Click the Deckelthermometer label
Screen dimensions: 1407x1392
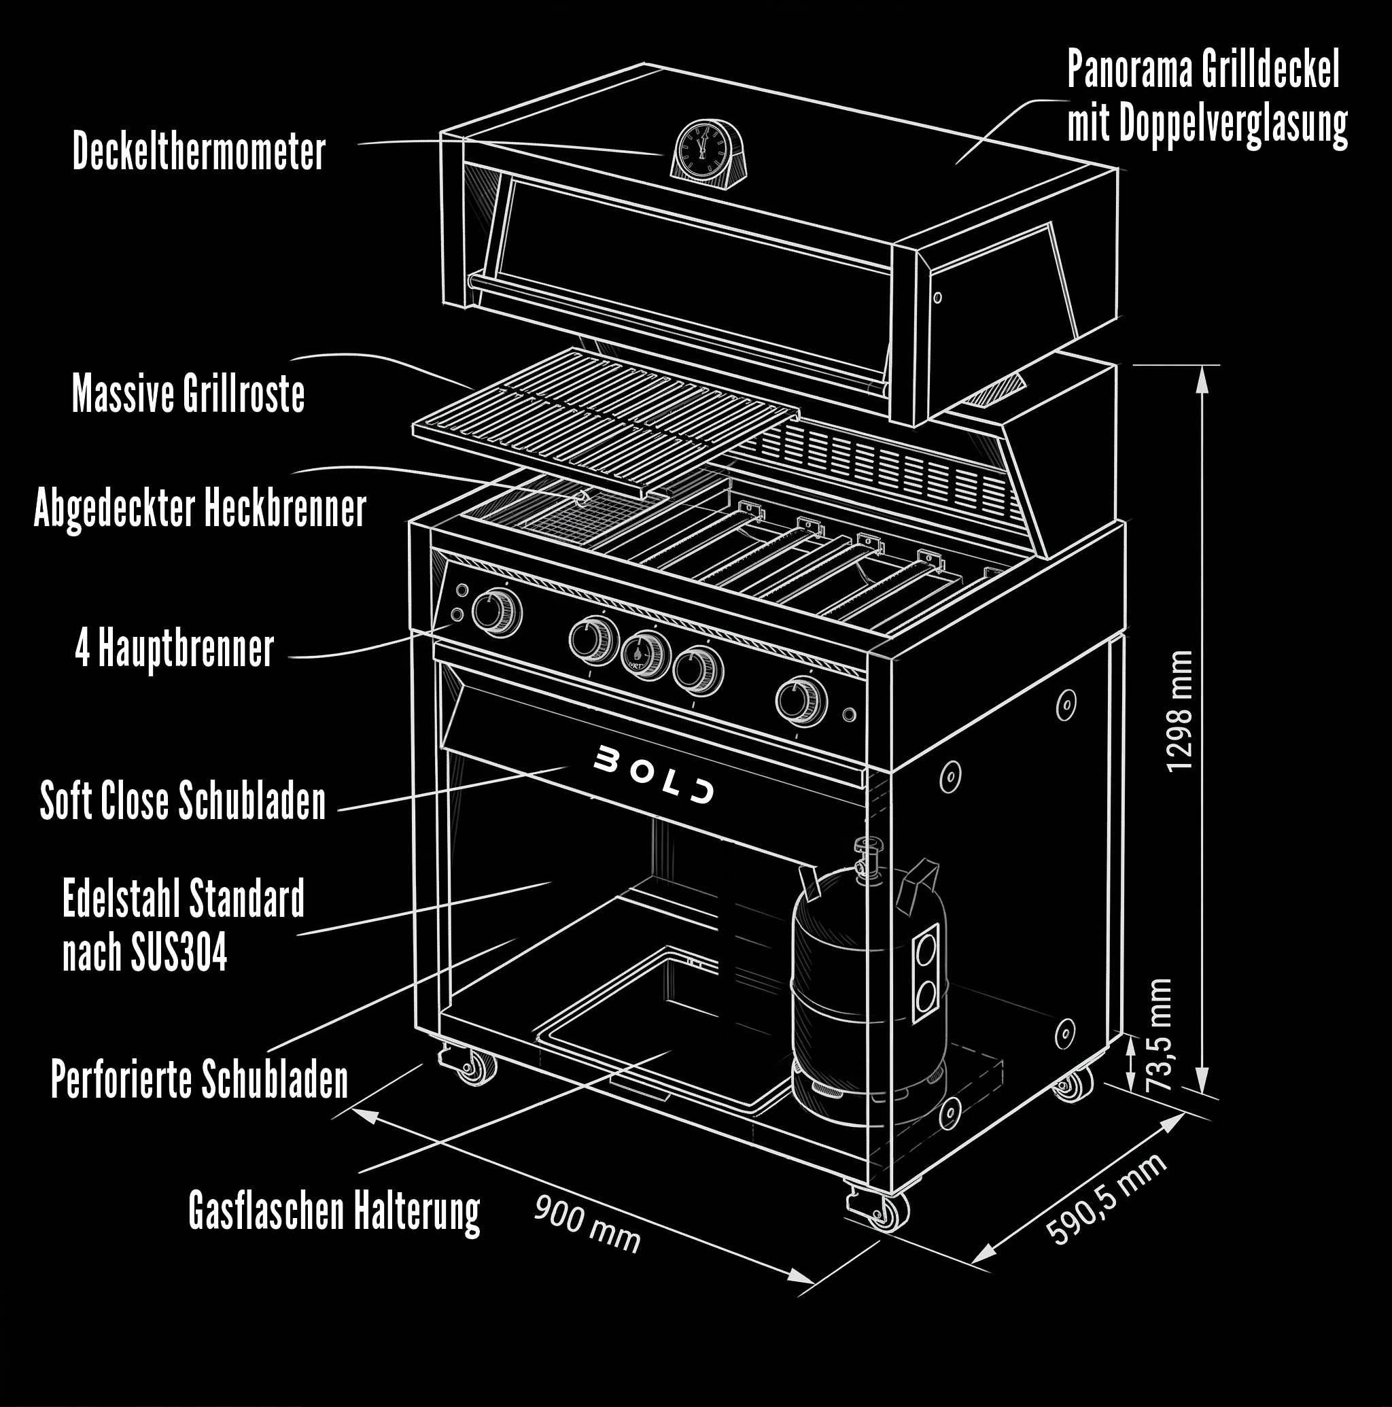pos(199,152)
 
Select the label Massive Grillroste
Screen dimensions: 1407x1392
pos(188,394)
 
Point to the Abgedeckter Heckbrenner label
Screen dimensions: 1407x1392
pos(200,508)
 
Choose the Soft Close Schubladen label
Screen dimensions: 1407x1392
pos(183,801)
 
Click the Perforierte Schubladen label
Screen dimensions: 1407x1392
pos(200,1079)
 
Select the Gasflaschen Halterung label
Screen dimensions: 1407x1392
pos(334,1211)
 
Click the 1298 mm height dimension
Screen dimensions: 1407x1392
pos(1179,711)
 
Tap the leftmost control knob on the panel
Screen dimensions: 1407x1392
pos(496,611)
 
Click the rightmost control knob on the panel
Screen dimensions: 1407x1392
pos(801,700)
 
